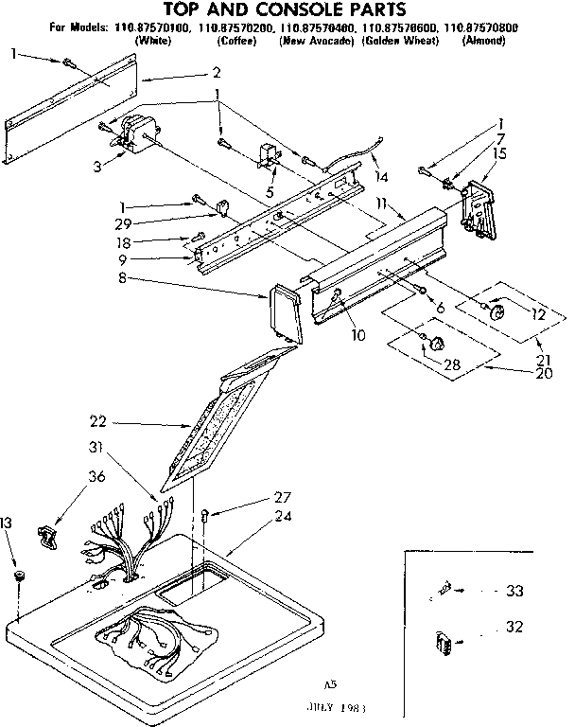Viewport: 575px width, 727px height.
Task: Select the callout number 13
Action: click(x=8, y=523)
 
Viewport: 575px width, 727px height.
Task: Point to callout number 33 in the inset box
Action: click(x=514, y=592)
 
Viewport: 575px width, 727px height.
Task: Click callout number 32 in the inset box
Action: click(x=514, y=626)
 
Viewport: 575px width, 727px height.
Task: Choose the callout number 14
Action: click(x=382, y=176)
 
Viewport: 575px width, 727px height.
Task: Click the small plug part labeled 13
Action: click(x=20, y=576)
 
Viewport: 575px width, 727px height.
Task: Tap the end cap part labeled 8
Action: click(x=285, y=311)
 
